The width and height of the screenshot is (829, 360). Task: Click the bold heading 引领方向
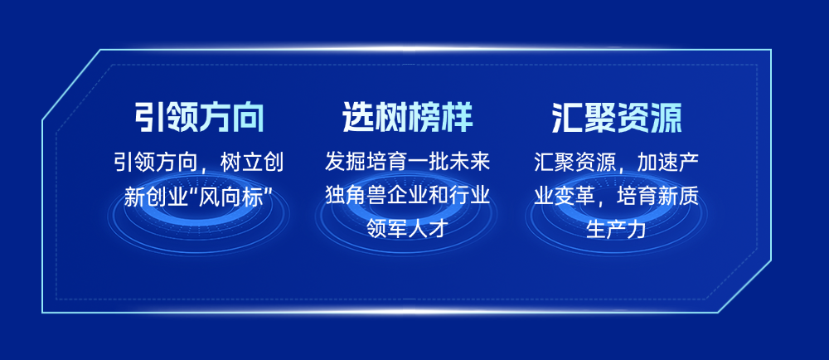pos(199,117)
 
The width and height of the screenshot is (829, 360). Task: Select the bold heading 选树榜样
pos(408,117)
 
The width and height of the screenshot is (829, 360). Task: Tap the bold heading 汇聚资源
pos(617,117)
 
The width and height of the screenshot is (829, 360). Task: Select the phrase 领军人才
pos(408,230)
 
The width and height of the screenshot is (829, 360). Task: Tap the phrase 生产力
pos(617,230)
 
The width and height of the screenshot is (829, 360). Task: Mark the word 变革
pos(574,197)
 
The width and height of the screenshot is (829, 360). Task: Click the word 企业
pos(408,197)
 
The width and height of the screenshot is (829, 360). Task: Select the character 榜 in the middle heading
pos(424,117)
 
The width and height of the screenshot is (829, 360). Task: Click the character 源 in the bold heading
pos(667,117)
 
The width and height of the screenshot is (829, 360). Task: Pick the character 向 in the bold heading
pos(248,117)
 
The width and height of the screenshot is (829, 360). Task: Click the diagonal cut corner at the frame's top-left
pos(71,85)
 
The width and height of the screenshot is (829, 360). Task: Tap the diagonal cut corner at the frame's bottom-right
pos(744,286)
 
